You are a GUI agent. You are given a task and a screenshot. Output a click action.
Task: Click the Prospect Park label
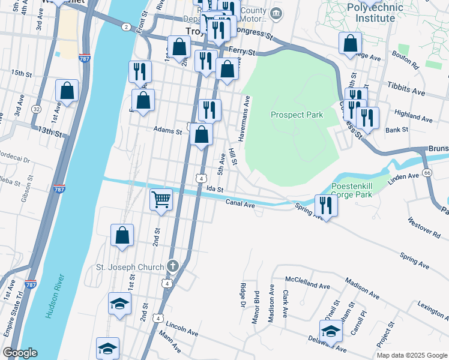(297, 115)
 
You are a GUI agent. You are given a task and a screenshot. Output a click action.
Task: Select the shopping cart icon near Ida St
(161, 199)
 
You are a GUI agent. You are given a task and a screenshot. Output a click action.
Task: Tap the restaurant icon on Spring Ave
(326, 205)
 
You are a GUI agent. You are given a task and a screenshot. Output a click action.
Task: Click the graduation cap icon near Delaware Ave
(331, 331)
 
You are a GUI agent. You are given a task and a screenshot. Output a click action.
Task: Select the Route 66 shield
(427, 173)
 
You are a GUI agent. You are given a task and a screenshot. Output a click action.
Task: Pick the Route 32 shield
(37, 109)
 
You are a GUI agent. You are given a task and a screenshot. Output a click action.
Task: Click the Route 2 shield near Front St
(125, 27)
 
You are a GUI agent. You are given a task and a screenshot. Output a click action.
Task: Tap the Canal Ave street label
(241, 204)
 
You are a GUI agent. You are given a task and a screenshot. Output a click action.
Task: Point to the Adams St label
(167, 129)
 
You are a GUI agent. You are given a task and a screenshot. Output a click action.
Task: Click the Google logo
(20, 353)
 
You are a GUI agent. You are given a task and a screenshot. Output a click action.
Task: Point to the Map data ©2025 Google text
(411, 355)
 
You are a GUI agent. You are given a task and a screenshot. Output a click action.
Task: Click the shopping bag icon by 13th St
(67, 91)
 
